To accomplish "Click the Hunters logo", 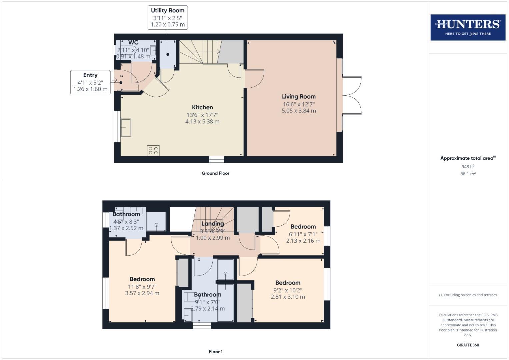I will pos(468,27).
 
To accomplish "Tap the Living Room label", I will pos(299,97).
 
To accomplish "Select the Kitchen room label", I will pos(202,107).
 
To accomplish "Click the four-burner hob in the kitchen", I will pos(153,150).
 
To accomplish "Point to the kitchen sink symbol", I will pos(126,128).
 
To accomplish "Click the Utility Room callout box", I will pos(168,17).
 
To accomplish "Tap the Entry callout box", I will pos(90,82).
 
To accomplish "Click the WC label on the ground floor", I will pos(133,43).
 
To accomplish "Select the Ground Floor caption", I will pos(215,173).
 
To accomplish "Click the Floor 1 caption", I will pos(216,352).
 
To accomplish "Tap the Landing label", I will pos(213,224).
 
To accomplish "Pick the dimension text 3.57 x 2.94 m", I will pos(142,293).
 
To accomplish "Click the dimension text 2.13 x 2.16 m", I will pos(303,241).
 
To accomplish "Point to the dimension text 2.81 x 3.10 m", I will pos(288,297).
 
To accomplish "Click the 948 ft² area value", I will pos(468,167).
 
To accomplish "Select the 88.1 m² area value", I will pos(468,174).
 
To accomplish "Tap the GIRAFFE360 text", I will pos(468,345).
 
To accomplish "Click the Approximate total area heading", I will pos(468,158).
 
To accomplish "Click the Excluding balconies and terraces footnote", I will pos(468,295).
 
